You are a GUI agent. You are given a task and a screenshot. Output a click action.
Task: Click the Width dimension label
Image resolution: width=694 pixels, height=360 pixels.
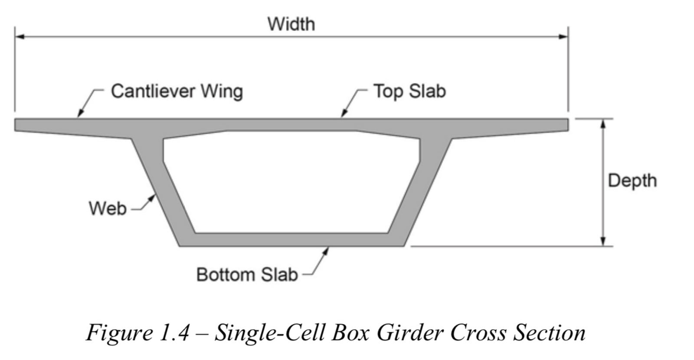(x=291, y=24)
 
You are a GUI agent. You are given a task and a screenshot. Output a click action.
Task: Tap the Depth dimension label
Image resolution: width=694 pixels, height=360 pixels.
(x=632, y=180)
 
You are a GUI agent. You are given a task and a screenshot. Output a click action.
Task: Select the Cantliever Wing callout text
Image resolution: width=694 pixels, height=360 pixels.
(x=177, y=92)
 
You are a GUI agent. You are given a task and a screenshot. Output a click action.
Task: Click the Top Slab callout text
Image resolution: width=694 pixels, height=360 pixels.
(x=409, y=91)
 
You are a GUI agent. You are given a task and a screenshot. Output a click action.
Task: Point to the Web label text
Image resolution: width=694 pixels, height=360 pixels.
(x=108, y=208)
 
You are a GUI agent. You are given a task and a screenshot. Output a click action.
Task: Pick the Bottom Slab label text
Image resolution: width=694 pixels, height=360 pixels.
(x=247, y=275)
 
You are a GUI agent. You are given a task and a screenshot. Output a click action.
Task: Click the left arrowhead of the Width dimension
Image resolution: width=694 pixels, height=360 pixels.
(x=20, y=37)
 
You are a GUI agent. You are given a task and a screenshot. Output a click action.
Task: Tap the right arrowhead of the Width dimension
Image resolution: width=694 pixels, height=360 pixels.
(x=563, y=37)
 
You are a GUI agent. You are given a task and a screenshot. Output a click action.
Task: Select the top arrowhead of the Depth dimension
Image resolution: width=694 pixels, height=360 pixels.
(x=603, y=124)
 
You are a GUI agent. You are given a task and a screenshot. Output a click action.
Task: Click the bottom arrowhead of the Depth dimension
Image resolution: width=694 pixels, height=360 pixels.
(x=603, y=241)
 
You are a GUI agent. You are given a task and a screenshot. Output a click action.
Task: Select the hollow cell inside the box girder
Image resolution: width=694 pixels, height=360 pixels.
(x=291, y=183)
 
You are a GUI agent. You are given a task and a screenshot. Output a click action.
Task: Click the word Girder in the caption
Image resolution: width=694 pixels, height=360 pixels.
(x=410, y=333)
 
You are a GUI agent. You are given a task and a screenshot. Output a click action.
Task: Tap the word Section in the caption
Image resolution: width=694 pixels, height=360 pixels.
(x=549, y=333)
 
